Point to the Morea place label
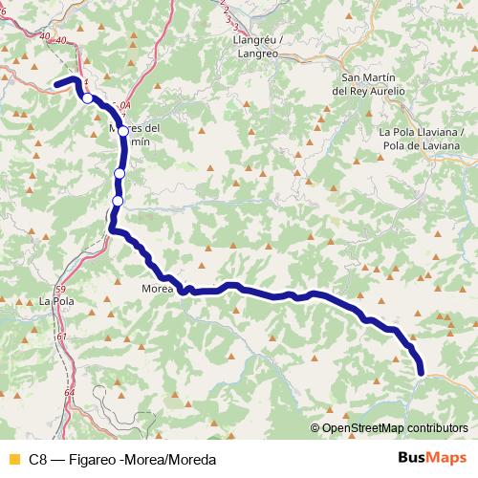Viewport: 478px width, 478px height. click(156, 288)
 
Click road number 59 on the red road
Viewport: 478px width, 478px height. click(60, 289)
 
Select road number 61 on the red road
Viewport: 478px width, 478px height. click(62, 337)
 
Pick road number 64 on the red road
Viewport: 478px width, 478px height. click(69, 392)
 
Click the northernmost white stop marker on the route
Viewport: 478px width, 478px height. click(87, 98)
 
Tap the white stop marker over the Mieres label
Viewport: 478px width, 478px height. click(122, 131)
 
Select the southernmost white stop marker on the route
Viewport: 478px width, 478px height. click(118, 201)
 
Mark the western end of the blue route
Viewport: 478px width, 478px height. click(55, 85)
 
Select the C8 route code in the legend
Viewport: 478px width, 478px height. click(37, 458)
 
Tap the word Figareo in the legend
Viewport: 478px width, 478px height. click(95, 458)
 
